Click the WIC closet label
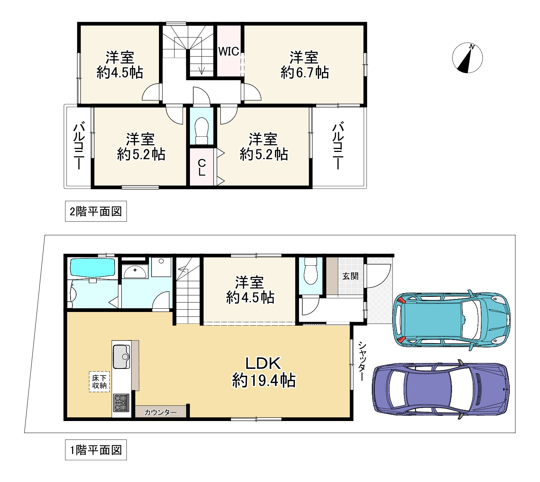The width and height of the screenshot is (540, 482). click(x=228, y=51)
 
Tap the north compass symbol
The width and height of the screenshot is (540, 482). click(x=467, y=58)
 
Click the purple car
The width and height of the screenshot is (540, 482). click(x=441, y=389)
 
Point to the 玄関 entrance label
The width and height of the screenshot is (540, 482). click(x=350, y=276)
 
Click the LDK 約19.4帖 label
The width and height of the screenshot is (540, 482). click(x=263, y=371)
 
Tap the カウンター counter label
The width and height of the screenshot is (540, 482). click(x=160, y=413)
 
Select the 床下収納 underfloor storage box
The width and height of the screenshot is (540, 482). click(x=99, y=382)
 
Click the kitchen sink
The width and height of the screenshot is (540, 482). click(x=122, y=356)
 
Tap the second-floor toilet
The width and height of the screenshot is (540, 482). click(x=201, y=131)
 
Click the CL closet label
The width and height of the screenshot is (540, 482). click(x=202, y=167)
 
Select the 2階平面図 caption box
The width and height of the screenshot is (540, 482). click(x=96, y=211)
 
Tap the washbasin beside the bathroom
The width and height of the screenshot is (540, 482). click(x=135, y=272)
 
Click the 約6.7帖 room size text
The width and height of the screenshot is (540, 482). click(x=305, y=72)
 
